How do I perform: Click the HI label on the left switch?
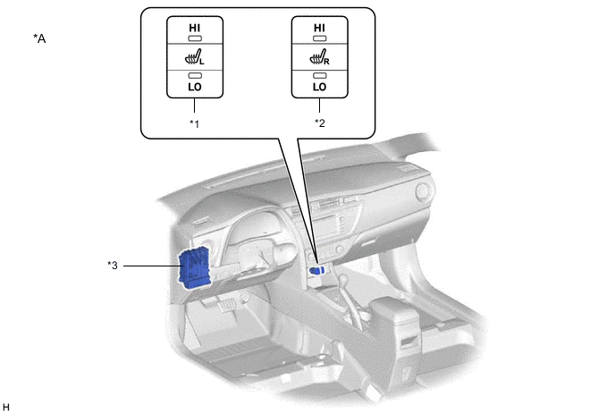(x=195, y=29)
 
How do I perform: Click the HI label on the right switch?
(x=319, y=29)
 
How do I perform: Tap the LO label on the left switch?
(x=195, y=87)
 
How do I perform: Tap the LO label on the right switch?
(x=319, y=87)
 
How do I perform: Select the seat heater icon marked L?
(x=194, y=58)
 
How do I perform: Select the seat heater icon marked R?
(x=318, y=58)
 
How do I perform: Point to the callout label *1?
(x=194, y=123)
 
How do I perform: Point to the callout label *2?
(x=319, y=123)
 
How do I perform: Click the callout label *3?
(x=113, y=265)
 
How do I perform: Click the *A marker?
(x=39, y=38)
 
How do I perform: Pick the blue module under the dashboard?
(x=196, y=267)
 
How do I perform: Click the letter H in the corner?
(x=7, y=407)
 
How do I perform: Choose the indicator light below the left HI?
(x=195, y=41)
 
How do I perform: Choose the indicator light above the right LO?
(x=319, y=75)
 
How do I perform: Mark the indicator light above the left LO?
(x=195, y=75)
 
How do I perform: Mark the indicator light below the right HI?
(x=319, y=41)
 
